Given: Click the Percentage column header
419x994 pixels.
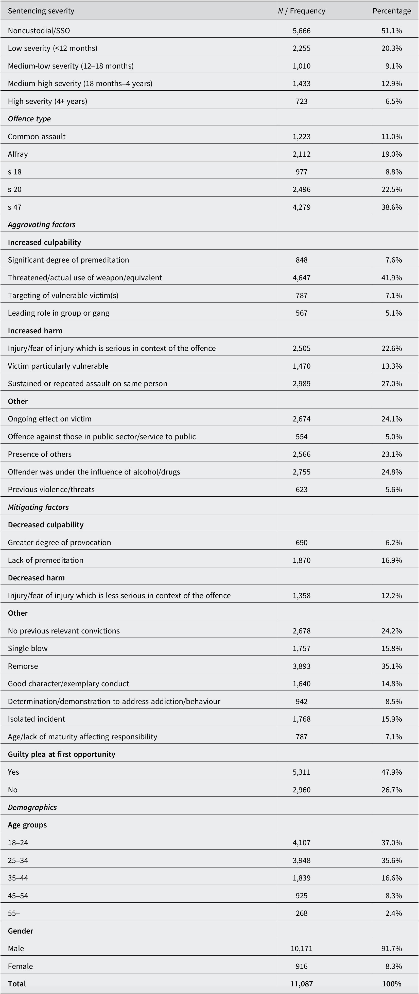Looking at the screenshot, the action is coord(391,11).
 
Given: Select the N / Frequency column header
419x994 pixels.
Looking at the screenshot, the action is coord(301,11).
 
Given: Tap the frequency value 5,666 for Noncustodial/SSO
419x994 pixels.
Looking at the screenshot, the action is coord(301,30).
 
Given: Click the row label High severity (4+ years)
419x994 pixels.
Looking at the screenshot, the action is coord(47,101).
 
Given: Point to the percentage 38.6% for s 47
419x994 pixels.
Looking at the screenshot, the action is coord(392,207).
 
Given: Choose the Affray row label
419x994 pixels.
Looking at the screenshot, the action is coord(18,154).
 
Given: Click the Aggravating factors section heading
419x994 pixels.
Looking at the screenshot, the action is coord(42,225).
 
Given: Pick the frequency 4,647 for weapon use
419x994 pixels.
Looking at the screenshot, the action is coord(301,278).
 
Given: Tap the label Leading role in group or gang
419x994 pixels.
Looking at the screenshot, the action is coord(59,313).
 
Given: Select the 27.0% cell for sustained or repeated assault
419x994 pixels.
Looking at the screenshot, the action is coord(392,384).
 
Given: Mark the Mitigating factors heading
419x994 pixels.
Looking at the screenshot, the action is coord(38,507).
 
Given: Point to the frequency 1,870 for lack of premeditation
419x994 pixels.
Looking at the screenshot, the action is coord(301,560).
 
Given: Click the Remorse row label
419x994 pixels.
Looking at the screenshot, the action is coord(23,666).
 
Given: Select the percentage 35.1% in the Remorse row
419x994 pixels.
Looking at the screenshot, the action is coord(392,666).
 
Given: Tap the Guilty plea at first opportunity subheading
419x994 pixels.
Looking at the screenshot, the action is coord(61,754).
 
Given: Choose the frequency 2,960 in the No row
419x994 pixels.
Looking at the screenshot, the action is coord(301,790).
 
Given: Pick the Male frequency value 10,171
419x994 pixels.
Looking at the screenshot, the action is coord(301,949).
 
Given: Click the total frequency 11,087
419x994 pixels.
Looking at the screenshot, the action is coord(301,984).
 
